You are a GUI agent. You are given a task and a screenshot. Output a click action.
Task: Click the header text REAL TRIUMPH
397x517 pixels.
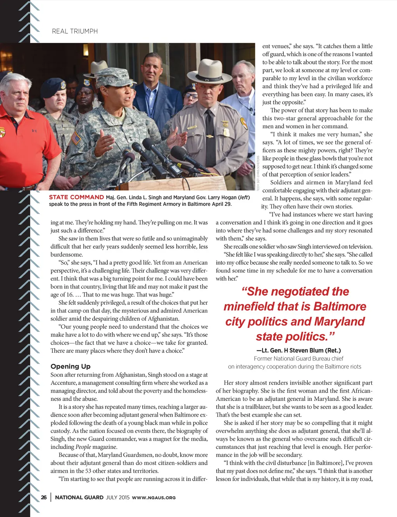(75, 31)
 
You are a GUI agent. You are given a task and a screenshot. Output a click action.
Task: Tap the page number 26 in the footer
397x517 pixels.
(44, 497)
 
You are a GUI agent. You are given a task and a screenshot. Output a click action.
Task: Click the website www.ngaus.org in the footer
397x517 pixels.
(154, 498)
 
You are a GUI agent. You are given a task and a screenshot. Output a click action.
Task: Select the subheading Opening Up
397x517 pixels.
(70, 366)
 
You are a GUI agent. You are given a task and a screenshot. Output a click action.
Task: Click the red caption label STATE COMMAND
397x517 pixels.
(76, 197)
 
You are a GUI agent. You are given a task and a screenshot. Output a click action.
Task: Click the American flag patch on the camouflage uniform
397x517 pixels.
(77, 138)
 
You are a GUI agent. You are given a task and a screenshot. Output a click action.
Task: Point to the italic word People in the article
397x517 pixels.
(83, 447)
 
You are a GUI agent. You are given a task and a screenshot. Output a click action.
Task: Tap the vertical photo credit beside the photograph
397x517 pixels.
(258, 173)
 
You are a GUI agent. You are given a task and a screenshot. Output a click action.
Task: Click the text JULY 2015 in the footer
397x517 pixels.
(117, 498)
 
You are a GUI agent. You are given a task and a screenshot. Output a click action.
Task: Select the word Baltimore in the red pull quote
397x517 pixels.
(339, 307)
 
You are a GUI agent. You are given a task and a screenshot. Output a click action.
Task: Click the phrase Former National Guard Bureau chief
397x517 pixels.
(298, 358)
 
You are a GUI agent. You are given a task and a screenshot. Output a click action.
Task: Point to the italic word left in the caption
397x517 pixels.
(243, 197)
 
